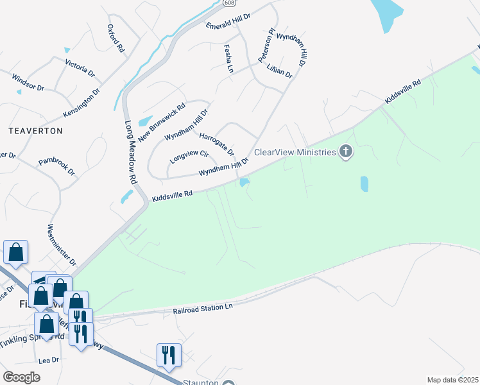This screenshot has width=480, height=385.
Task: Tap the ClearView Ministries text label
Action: tap(295, 152)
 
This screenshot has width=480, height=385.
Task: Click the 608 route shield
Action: tap(229, 3)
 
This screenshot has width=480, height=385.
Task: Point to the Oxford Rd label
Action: tap(116, 39)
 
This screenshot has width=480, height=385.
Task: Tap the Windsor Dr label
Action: tap(28, 82)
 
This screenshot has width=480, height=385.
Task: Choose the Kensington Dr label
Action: tap(81, 103)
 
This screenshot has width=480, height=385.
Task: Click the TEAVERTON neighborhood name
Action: tap(36, 130)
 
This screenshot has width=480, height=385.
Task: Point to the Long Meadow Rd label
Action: tap(131, 150)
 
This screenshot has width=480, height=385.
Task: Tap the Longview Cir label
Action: tap(189, 155)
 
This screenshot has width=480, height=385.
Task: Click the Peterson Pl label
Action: tap(266, 44)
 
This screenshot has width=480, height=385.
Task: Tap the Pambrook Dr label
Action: tap(56, 167)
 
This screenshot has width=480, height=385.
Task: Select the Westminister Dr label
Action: tap(62, 246)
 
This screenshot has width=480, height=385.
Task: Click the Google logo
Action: tap(22, 377)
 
